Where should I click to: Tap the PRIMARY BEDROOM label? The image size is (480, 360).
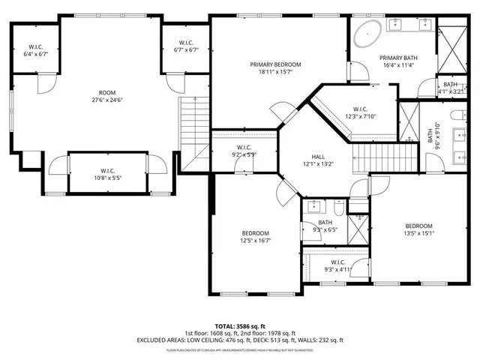pos(275,64)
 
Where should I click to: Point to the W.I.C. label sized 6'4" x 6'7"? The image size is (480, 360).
pos(35,46)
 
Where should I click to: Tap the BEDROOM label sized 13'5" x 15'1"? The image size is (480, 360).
pos(418,226)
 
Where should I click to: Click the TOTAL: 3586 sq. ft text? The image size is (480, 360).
pos(239,325)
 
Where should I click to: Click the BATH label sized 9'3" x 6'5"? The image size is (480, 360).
pos(325,222)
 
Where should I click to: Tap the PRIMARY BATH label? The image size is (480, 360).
pos(397,58)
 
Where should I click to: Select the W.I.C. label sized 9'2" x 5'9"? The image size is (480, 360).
pos(243,147)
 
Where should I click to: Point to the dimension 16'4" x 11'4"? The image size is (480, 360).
pos(397,66)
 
